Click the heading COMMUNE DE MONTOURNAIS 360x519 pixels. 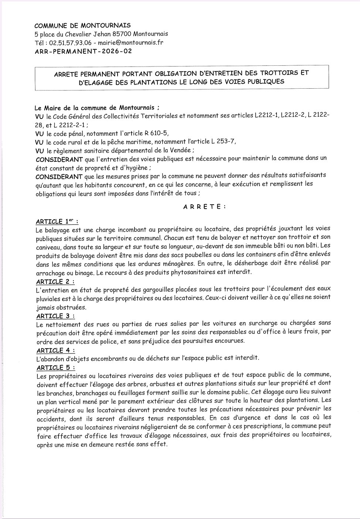tap(82, 25)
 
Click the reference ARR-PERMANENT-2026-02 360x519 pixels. tap(83, 51)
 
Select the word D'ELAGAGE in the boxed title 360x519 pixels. tap(97, 82)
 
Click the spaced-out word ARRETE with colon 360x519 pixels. tap(204, 207)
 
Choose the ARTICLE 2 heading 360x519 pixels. tap(55, 281)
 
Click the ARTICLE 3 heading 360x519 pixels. tap(55, 316)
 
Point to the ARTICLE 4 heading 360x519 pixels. tap(55, 350)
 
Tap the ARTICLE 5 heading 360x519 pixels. tap(55, 368)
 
